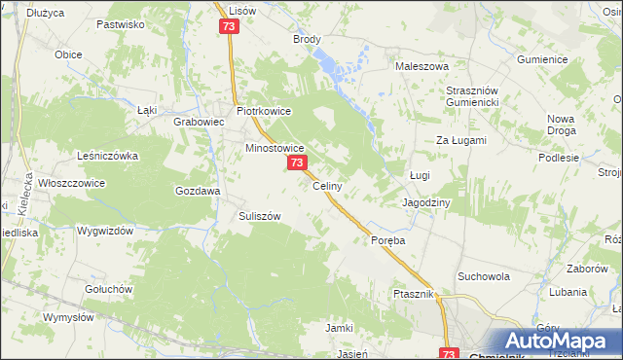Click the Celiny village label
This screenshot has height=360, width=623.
pyautogui.click(x=325, y=186)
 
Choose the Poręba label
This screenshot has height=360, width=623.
pyautogui.click(x=386, y=239)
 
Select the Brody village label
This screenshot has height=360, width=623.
pyautogui.click(x=307, y=40)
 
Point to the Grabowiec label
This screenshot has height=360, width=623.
pyautogui.click(x=199, y=123)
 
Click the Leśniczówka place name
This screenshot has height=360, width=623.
pyautogui.click(x=108, y=155)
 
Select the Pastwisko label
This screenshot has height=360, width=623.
pyautogui.click(x=122, y=22)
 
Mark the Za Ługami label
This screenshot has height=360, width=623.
pyautogui.click(x=460, y=140)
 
